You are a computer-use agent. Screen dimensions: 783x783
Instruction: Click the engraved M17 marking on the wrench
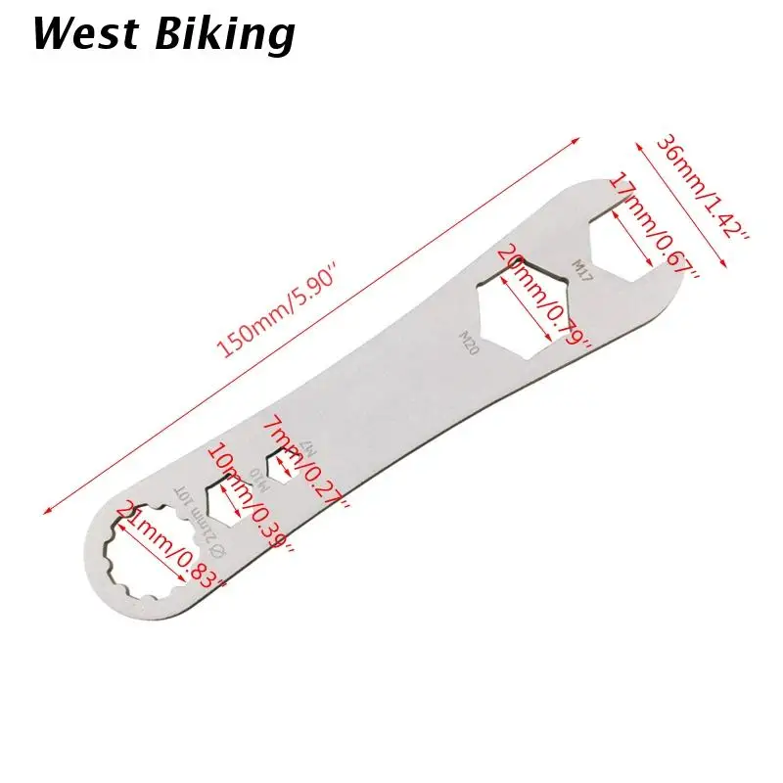point(581,268)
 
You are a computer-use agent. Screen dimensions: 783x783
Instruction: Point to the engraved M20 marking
point(469,342)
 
